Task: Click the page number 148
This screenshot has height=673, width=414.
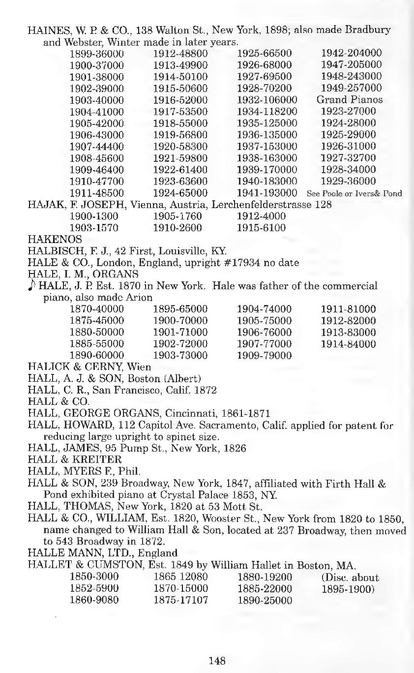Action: click(x=217, y=661)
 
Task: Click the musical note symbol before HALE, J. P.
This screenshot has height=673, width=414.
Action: click(x=31, y=286)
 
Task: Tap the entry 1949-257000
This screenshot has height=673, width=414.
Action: click(x=351, y=89)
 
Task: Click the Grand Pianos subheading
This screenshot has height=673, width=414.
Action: click(x=350, y=100)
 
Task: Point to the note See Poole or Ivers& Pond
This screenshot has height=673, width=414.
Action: click(x=354, y=193)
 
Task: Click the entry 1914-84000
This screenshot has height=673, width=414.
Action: click(x=348, y=344)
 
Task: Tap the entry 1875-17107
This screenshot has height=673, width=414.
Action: click(x=180, y=600)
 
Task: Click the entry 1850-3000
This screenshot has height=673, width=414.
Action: click(x=93, y=577)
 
